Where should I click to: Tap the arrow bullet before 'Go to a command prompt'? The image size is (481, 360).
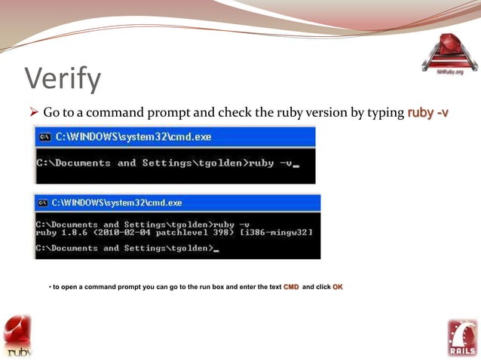point(32,113)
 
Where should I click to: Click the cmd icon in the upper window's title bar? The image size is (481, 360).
point(44,137)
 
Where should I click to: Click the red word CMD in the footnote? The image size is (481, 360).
point(291,288)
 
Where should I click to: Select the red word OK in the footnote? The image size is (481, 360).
point(338,288)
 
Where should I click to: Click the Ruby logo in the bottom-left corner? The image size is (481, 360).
point(17,335)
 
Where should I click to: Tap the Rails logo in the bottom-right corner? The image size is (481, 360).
point(462,337)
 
